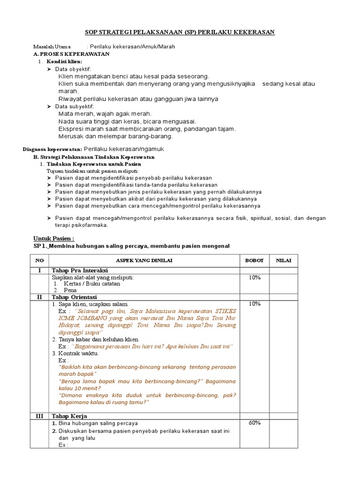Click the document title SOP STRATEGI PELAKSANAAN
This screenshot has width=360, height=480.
coord(180,32)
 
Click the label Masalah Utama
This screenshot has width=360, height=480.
coord(52,47)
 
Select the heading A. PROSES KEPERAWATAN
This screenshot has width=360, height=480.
coord(71,54)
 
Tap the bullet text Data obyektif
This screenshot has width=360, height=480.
coord(74,69)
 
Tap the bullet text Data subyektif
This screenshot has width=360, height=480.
coord(75,106)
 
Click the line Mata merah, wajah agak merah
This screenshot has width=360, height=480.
coord(105,114)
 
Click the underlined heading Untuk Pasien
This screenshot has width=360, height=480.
coord(54,238)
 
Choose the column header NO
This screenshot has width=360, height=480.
coord(39,261)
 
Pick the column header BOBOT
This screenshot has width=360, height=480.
coord(255,261)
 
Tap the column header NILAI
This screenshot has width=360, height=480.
coord(284,261)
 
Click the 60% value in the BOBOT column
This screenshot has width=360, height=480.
coord(255,423)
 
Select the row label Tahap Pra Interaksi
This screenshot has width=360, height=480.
coord(80,270)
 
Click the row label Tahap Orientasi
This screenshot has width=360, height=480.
coord(74,297)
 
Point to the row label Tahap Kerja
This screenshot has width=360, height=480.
coord(69,416)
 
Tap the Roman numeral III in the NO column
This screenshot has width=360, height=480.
coord(39,416)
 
